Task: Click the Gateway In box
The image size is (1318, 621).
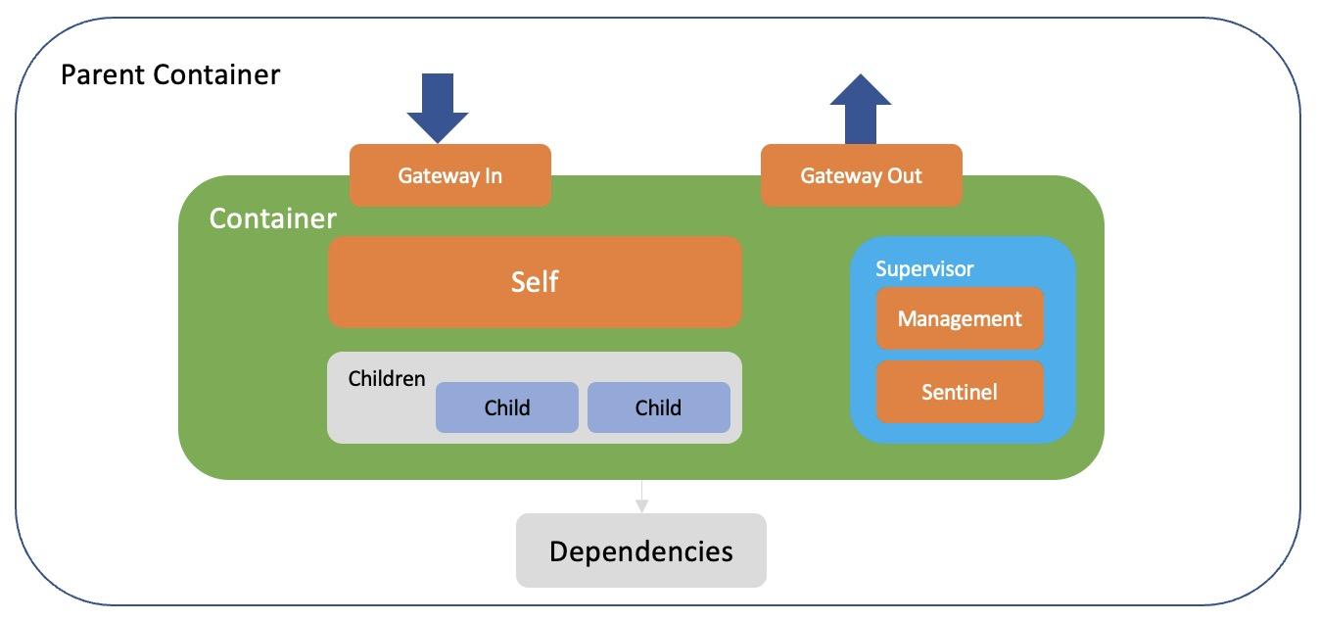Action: pos(450,175)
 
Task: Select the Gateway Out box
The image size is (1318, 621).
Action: pos(862,175)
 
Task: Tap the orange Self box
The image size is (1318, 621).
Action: pos(535,282)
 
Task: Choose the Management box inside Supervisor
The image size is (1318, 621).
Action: pos(960,318)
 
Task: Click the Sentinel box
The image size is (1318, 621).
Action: pos(960,392)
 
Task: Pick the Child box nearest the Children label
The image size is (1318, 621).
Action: pos(507,407)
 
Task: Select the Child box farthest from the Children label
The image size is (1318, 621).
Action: pos(658,407)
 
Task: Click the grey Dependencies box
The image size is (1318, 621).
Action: pos(640,550)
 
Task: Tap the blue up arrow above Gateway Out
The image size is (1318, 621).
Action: pos(861,108)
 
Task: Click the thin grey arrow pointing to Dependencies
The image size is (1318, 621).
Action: pos(641,497)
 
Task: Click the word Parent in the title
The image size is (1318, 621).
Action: pos(99,74)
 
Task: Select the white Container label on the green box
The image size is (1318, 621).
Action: pos(272,218)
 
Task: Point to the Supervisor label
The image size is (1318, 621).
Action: pos(924,268)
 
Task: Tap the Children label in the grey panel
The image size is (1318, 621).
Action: pos(387,378)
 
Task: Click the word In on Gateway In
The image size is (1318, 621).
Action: pos(492,176)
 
